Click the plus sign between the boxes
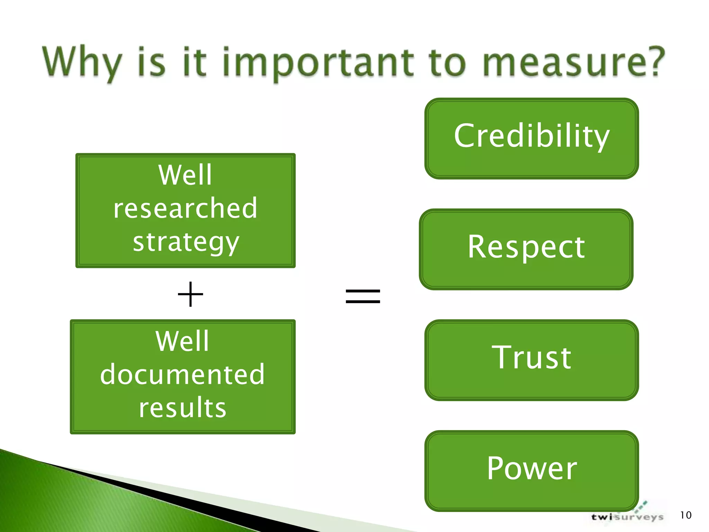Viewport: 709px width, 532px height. point(190,294)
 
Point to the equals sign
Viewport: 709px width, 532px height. point(363,296)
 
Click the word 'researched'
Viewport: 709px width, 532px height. point(185,208)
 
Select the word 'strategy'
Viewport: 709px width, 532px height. point(186,242)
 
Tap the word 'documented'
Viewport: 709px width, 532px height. point(182,374)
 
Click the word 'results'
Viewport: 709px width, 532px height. point(182,408)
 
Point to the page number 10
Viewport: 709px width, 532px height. point(685,515)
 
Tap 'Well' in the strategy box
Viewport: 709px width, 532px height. point(185,175)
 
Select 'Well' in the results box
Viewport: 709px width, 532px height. point(182,341)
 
